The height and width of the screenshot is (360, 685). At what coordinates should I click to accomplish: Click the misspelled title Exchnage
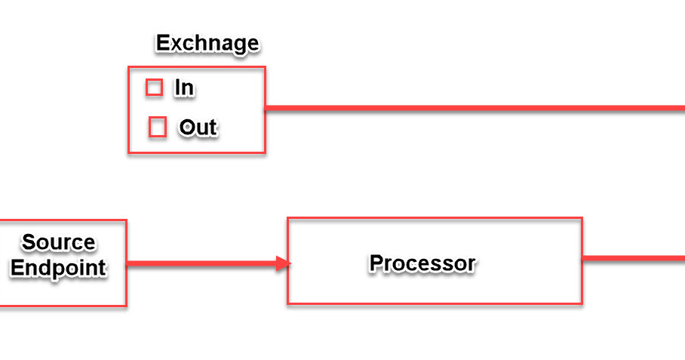click(207, 44)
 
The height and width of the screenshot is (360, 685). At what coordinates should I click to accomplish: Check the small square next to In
click(154, 88)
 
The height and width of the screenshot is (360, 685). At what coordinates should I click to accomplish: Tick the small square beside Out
click(157, 128)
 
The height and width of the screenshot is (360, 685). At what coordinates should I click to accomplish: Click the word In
click(184, 88)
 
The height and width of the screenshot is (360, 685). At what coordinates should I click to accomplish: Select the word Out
click(198, 128)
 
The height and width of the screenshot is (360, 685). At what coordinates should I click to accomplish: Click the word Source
click(59, 242)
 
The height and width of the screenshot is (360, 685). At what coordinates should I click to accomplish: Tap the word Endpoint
click(58, 268)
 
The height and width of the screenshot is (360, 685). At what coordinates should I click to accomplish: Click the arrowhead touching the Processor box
click(284, 263)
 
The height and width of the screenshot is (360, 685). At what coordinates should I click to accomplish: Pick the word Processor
click(422, 263)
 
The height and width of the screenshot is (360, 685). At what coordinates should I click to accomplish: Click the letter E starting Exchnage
click(162, 44)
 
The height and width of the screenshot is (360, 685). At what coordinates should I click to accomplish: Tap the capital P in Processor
click(376, 263)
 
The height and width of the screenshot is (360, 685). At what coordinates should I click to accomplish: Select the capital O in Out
click(186, 128)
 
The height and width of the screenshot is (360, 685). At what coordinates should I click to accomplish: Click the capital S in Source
click(29, 242)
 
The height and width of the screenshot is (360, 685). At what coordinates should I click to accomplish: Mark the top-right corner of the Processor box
click(582, 219)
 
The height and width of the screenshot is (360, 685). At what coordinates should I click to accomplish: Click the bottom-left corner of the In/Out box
click(129, 153)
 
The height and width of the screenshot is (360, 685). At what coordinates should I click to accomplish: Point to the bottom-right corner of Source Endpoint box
click(126, 306)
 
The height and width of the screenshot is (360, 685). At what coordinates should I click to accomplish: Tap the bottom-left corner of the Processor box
click(288, 303)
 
